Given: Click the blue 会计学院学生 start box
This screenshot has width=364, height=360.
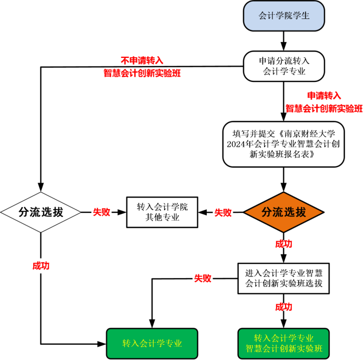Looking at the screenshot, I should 284,16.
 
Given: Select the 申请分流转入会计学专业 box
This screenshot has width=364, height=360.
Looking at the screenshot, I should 284,66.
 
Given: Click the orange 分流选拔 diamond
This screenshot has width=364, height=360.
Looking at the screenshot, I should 284,212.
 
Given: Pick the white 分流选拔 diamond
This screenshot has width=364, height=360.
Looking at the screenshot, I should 41,212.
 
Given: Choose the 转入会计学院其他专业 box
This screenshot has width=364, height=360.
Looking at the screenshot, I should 163,212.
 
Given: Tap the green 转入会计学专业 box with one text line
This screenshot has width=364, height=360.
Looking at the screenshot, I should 152,344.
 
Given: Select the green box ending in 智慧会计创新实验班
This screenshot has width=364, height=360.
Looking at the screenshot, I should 284,344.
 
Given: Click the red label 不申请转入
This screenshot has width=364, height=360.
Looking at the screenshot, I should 142,60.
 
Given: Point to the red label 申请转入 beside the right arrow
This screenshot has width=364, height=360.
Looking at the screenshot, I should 324,96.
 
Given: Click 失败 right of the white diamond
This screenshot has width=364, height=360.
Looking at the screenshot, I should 102,212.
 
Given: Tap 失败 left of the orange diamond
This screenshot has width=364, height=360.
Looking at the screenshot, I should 223,212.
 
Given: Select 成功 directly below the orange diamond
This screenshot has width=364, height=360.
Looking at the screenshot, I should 284,244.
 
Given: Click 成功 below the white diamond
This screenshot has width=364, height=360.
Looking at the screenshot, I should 41,265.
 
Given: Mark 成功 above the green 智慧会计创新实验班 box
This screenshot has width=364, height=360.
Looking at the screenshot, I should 284,307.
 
